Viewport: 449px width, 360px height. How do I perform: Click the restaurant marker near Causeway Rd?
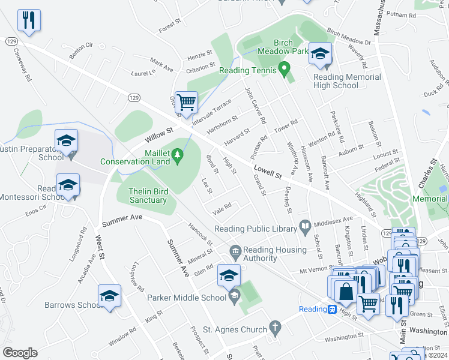[29, 20]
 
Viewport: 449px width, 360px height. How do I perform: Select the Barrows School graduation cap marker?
[109, 296]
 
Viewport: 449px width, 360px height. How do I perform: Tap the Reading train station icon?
[331, 309]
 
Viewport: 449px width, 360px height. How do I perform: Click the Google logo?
[20, 352]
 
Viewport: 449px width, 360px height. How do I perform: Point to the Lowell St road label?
[267, 172]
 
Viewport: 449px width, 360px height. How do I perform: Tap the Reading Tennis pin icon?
[286, 71]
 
